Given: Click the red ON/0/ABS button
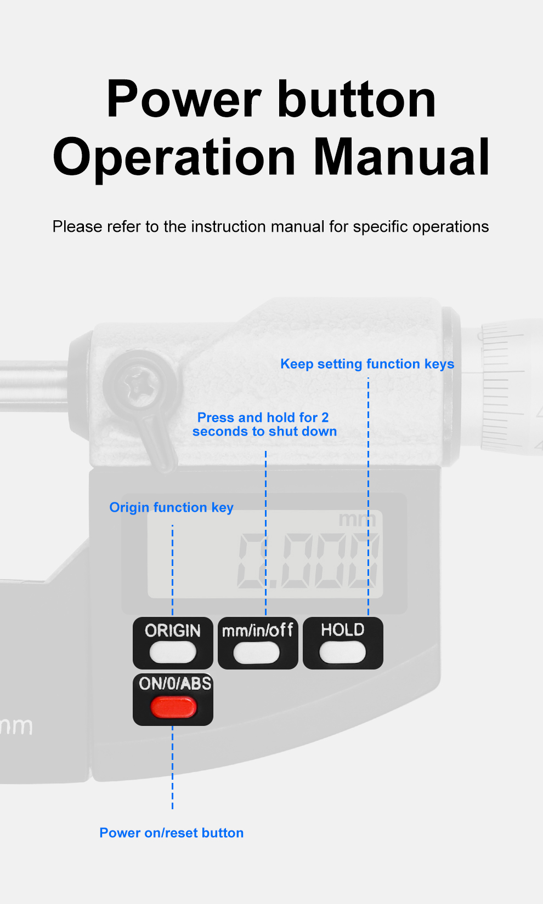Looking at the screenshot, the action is coord(173,708).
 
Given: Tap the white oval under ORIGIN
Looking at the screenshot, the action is coord(173,653).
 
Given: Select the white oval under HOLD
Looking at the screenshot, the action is coord(343,653).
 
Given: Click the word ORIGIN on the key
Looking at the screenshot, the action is coord(173,631).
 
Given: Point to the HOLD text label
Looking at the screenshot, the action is coord(343,630).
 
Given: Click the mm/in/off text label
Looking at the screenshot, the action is coord(258,630).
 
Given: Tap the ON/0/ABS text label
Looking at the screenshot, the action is coord(175,684).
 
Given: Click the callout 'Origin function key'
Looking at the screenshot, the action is coord(171,507).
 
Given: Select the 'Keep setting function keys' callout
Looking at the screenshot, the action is coord(367,364).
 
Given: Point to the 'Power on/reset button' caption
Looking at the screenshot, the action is coord(171,833).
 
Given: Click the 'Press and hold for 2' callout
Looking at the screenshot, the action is coord(263,417).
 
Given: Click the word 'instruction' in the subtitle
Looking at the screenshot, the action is coord(229,226).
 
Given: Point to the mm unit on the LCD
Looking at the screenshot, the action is coord(357,520).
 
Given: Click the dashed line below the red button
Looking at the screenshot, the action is coord(173,767).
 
